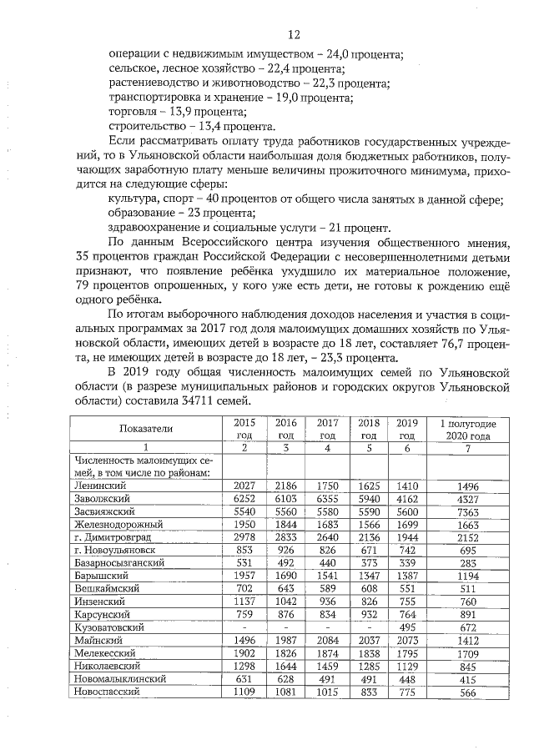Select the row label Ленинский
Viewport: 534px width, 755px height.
[98, 486]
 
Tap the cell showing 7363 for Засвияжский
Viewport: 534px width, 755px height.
[468, 511]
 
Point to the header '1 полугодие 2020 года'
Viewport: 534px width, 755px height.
[468, 430]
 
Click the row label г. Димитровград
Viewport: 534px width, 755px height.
[112, 537]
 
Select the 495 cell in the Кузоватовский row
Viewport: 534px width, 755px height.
[406, 627]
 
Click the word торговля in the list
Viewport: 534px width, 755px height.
[133, 112]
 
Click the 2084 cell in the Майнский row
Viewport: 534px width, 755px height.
[327, 640]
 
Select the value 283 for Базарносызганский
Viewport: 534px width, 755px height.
[468, 563]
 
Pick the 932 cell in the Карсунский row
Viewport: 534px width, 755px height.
[368, 614]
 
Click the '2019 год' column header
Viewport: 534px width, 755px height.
[406, 430]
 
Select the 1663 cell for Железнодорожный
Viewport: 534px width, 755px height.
[468, 524]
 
